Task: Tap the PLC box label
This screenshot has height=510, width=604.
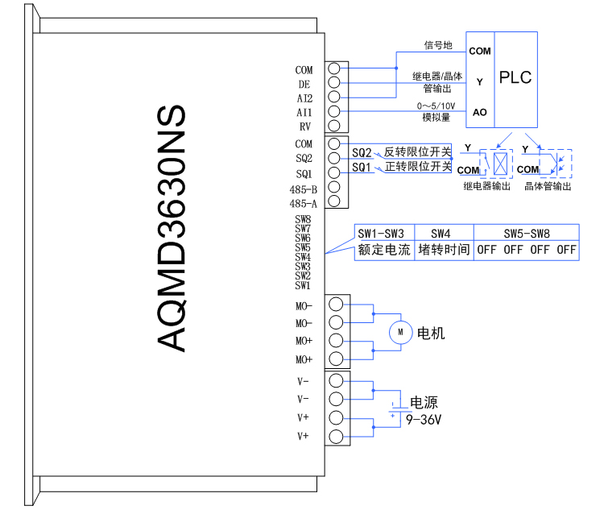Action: pyautogui.click(x=515, y=78)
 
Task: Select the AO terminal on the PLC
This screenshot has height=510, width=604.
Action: pyautogui.click(x=479, y=112)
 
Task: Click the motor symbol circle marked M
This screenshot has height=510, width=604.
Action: pyautogui.click(x=399, y=331)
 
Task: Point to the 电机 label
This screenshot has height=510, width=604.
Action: pyautogui.click(x=430, y=332)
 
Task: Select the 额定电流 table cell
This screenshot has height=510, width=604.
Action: pyautogui.click(x=384, y=250)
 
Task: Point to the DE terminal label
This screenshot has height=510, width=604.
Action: pyautogui.click(x=304, y=84)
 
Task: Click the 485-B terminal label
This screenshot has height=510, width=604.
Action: pyautogui.click(x=303, y=189)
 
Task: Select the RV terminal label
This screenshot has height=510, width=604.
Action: pyautogui.click(x=305, y=126)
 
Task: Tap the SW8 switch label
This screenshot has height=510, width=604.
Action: pyautogui.click(x=303, y=219)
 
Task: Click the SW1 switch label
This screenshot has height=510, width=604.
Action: pyautogui.click(x=303, y=285)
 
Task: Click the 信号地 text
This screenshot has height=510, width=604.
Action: pyautogui.click(x=438, y=45)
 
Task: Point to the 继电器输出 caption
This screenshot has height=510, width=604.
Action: pyautogui.click(x=487, y=186)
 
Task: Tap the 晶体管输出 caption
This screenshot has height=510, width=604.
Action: pyautogui.click(x=548, y=186)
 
